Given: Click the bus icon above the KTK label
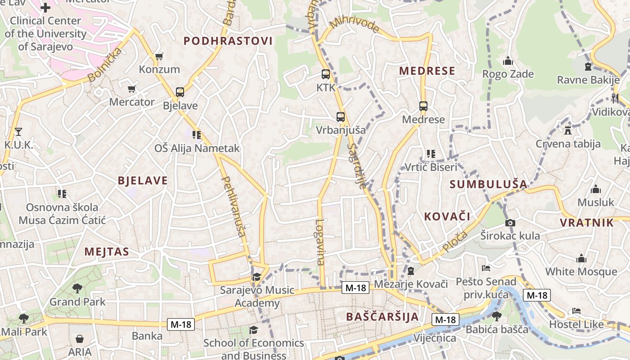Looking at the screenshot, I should click(325, 74).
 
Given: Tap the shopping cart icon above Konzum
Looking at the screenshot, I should click(159, 56).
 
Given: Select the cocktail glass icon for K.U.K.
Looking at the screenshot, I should click(18, 131).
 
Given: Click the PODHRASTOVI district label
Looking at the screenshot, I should click(228, 41).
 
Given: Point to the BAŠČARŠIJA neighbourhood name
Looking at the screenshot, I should click(382, 316).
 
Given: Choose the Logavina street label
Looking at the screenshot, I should click(320, 242).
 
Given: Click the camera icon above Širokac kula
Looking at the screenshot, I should click(510, 223).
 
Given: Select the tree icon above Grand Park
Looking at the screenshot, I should click(77, 288).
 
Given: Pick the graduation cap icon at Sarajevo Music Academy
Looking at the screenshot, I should click(256, 277).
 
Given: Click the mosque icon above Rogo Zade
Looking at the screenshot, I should click(508, 61).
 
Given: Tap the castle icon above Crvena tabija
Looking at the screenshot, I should click(567, 130).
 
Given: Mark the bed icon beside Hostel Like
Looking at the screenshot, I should click(576, 311).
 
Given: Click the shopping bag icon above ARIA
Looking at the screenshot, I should click(80, 338).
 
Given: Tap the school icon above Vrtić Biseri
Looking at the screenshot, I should click(431, 154).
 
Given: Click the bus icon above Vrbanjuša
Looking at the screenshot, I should click(341, 117).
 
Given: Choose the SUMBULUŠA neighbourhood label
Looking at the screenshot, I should click(488, 184).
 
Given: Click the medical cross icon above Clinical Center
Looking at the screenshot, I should click(45, 8).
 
